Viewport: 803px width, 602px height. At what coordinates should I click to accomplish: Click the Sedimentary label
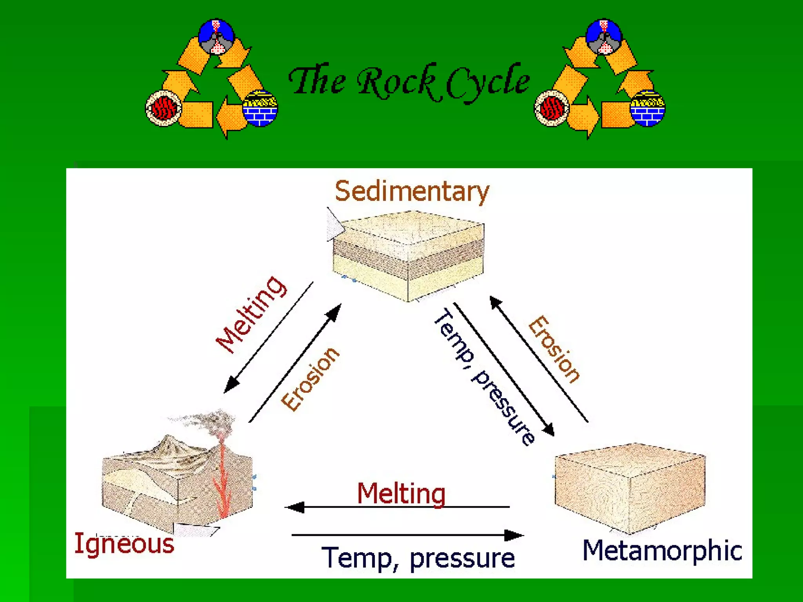pos(412,191)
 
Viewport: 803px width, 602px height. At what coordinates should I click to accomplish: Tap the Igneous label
pos(124,544)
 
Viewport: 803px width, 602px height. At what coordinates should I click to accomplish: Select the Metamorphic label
pos(662,550)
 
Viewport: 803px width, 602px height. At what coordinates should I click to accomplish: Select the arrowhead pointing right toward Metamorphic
pos(514,535)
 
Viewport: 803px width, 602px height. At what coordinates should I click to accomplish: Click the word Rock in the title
pos(396,82)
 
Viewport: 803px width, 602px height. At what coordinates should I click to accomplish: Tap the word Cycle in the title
pos(488,82)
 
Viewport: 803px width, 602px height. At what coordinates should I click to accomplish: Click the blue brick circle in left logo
pos(260,109)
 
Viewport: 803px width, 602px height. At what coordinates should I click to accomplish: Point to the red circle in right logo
pos(552,108)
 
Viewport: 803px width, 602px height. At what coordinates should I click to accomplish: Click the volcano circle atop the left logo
pos(216,36)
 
